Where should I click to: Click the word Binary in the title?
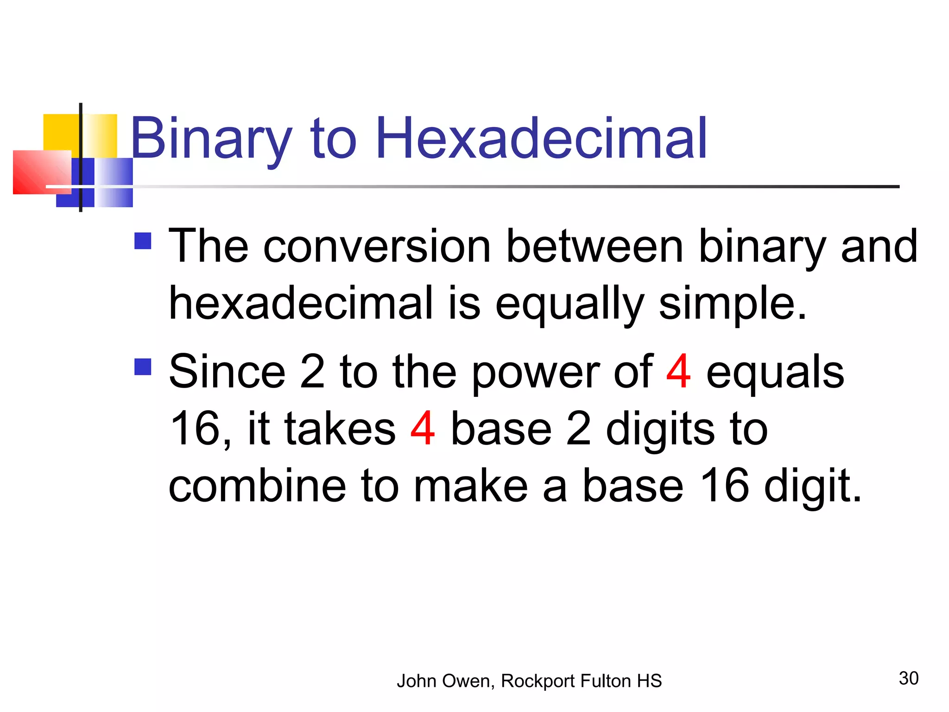211,139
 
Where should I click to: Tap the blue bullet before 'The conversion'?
143,241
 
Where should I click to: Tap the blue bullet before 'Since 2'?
143,367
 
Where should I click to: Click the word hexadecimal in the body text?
301,303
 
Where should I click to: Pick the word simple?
732,304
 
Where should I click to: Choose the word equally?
569,304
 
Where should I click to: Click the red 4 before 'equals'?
678,372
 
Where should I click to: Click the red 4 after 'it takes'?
422,429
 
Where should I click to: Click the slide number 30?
908,679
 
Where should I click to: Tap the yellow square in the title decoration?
60,132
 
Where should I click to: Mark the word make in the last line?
470,486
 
